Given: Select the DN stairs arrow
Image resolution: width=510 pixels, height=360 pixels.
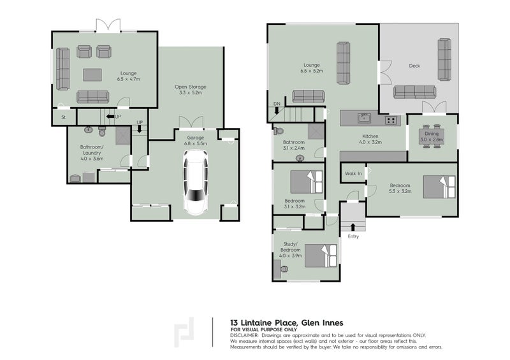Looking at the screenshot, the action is (277, 111).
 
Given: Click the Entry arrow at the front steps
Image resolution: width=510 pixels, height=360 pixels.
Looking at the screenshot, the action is (353, 227).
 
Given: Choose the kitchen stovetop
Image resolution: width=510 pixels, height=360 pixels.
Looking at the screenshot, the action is (391, 120).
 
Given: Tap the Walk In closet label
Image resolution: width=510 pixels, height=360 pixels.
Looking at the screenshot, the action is (353, 174).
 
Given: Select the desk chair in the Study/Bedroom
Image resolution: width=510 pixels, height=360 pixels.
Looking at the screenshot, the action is (284, 269).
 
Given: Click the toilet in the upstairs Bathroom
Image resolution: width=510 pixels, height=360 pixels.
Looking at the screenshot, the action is (279, 131).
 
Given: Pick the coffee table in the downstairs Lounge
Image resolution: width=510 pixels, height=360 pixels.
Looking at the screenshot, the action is (92, 75).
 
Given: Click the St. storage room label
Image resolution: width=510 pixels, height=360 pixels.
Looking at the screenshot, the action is (64, 117).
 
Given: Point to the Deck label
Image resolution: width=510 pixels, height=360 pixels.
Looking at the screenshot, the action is (414, 66).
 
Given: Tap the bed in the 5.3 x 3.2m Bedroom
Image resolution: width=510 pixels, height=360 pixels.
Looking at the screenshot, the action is (439, 187).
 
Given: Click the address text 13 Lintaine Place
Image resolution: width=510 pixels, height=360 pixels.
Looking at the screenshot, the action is (263, 323).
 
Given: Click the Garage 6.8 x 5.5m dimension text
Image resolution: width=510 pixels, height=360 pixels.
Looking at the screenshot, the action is (196, 143).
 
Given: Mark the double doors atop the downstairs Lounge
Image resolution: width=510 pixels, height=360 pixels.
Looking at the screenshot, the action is (108, 25).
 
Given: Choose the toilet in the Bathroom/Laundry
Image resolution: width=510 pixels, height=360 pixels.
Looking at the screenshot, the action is (102, 132).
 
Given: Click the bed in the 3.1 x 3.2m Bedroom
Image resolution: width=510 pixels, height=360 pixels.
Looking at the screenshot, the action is (307, 182).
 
